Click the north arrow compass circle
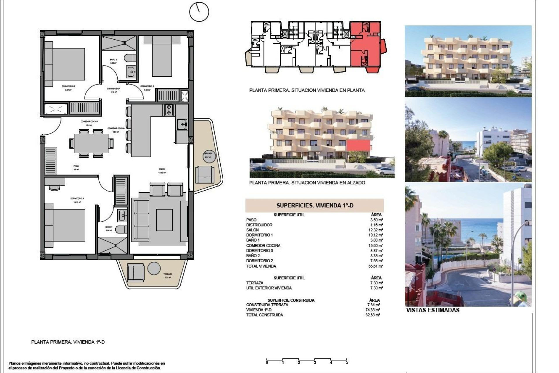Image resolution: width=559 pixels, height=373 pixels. pyautogui.click(x=199, y=12)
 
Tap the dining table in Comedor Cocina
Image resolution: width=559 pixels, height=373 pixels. pyautogui.click(x=91, y=143)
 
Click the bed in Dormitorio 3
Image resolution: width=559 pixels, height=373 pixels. pyautogui.click(x=65, y=64)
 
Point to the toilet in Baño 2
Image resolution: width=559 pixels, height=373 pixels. pyautogui.click(x=130, y=58)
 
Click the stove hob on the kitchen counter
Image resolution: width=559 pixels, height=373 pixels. pyautogui.click(x=169, y=110)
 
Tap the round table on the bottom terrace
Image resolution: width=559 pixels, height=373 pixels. pyautogui.click(x=154, y=268)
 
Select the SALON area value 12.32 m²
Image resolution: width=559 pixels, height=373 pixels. pyautogui.click(x=376, y=230)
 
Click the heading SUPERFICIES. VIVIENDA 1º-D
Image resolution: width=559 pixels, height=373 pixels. pyautogui.click(x=314, y=205)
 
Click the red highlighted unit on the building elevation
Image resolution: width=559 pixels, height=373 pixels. pyautogui.click(x=358, y=145)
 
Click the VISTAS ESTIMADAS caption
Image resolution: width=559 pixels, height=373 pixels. pyautogui.click(x=433, y=310)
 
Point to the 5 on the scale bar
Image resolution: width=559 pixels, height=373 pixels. pyautogui.click(x=347, y=363)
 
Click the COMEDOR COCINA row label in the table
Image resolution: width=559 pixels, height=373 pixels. pyautogui.click(x=263, y=245)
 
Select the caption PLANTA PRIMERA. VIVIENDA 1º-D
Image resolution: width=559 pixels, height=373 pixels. pyautogui.click(x=68, y=342)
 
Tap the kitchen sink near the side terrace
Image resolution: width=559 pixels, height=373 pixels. pyautogui.click(x=181, y=125)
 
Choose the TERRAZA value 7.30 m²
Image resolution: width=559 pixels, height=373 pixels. pyautogui.click(x=376, y=283)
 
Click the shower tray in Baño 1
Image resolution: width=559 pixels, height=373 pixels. pyautogui.click(x=112, y=246)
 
